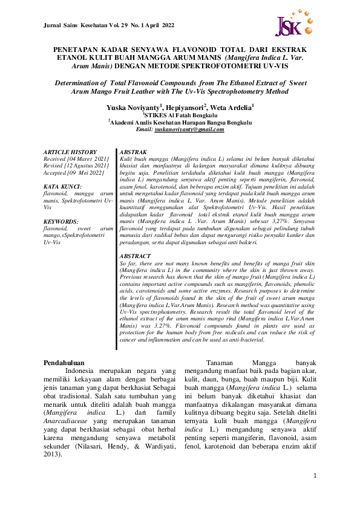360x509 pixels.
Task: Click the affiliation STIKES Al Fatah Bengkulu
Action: point(179,114)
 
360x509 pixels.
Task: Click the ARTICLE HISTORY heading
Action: point(70,152)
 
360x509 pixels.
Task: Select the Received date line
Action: point(73,158)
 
